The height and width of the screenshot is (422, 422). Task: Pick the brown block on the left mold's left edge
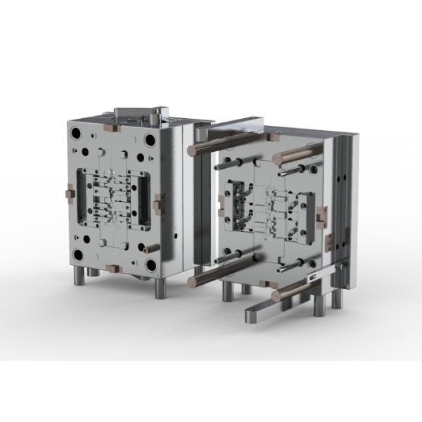pos(69,192)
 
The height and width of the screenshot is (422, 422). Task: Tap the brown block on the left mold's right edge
pos(158,204)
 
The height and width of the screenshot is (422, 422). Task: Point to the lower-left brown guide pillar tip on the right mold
pos(192,282)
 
